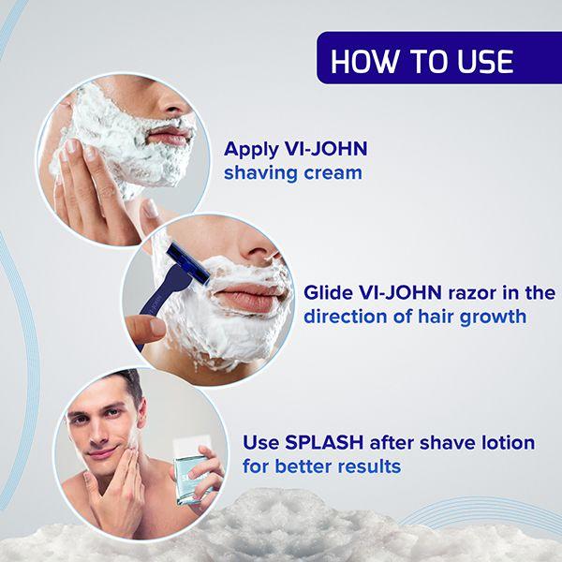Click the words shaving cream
pyautogui.click(x=292, y=173)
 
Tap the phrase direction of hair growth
pyautogui.click(x=414, y=317)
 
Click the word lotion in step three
pyautogui.click(x=506, y=441)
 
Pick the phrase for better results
pyautogui.click(x=321, y=466)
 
